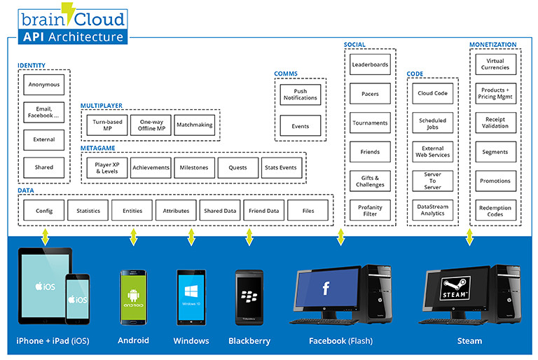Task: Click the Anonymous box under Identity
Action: click(44, 85)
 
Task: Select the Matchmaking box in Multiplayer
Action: click(194, 125)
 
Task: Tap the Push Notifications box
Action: click(299, 95)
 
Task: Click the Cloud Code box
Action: click(433, 93)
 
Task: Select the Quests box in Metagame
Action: click(237, 167)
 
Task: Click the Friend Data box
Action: click(263, 210)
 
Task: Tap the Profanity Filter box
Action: click(370, 210)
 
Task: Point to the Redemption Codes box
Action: click(495, 211)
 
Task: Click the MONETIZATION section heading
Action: click(492, 46)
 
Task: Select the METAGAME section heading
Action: click(98, 148)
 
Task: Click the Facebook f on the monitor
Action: click(326, 289)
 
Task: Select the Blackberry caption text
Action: click(249, 341)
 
